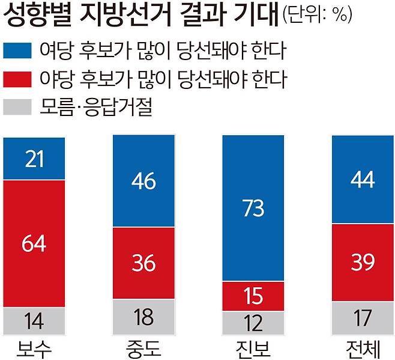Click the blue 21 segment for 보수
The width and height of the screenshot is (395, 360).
pos(34,158)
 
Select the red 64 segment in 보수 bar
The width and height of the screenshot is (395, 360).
pos(34,243)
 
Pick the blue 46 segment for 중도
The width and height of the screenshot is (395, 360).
pos(144,180)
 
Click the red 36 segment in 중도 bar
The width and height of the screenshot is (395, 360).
pos(144,263)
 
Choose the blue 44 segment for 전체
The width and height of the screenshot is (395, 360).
pos(363,180)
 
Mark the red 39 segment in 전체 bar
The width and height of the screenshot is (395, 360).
pos(363,262)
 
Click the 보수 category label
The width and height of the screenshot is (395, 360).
pos(34,348)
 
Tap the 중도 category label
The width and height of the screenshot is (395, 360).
pos(144,348)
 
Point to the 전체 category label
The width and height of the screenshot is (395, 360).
pos(363,348)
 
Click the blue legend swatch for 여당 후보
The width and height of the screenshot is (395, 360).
pos(17,50)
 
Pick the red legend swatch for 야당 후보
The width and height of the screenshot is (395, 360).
pos(17,79)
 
